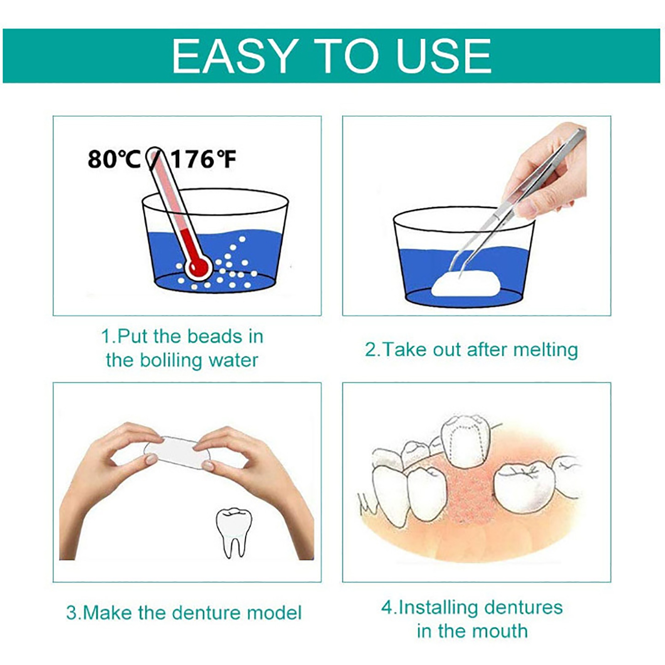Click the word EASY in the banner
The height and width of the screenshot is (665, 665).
pos(234,56)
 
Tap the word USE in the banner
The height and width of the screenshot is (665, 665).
pos(444,56)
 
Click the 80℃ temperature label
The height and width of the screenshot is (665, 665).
pos(114,159)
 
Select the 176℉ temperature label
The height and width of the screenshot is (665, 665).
pos(204,159)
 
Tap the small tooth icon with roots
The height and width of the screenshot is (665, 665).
pos(234,532)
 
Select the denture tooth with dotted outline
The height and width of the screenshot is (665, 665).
pos(465,441)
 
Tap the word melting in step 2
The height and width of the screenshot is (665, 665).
pos(545,350)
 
